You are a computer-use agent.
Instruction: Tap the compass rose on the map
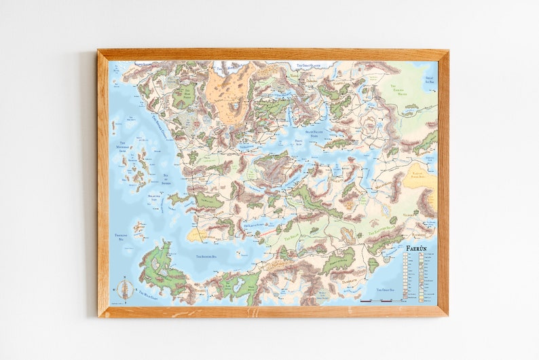click(x=124, y=289)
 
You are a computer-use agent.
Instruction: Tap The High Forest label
click(x=184, y=92)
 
